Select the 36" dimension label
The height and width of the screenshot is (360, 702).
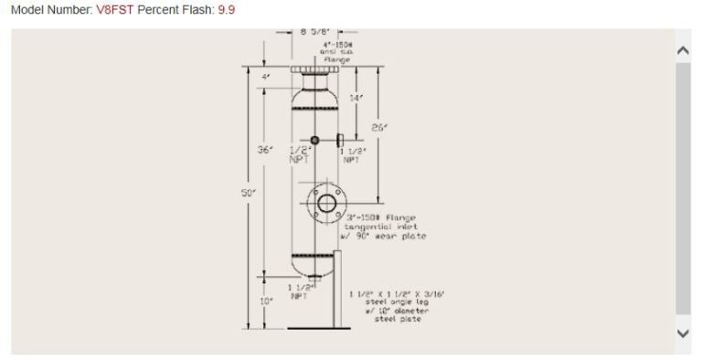pyautogui.click(x=266, y=150)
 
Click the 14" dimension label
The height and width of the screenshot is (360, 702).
pyautogui.click(x=356, y=97)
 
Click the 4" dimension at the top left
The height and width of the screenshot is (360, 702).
pyautogui.click(x=266, y=77)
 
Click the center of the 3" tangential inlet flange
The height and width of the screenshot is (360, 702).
pyautogui.click(x=325, y=203)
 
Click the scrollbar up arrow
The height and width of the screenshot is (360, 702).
pyautogui.click(x=683, y=50)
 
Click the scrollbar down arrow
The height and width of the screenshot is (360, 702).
pyautogui.click(x=683, y=334)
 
